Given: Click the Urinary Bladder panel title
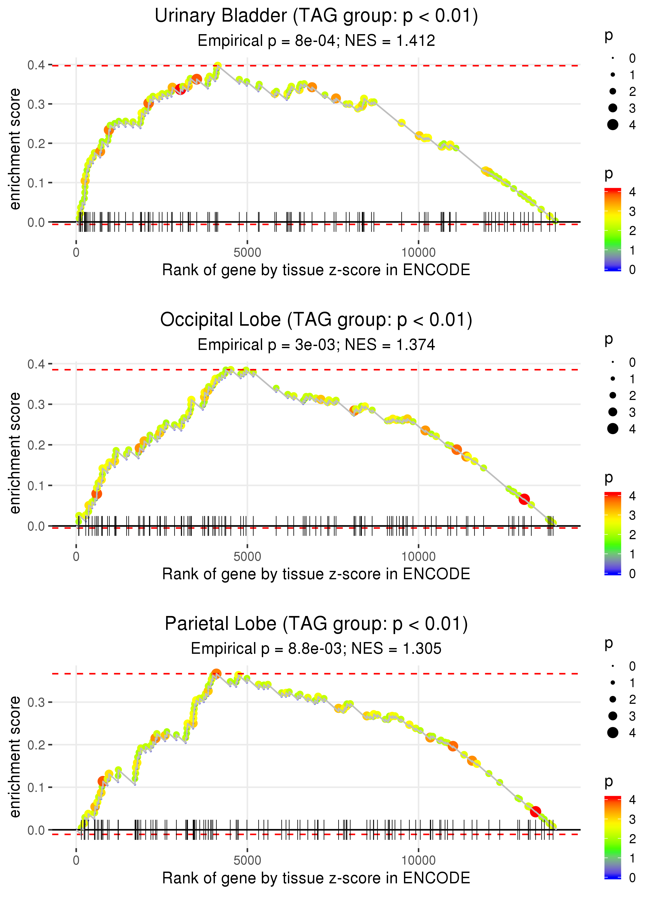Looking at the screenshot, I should point(316,16).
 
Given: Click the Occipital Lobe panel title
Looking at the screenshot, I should point(316,320).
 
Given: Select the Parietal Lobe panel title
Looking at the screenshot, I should point(316,624).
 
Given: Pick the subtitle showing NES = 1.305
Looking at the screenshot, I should point(316,649).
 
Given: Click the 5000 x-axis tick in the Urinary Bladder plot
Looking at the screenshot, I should point(247,253).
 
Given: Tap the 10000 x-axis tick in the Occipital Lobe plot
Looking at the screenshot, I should point(418,557).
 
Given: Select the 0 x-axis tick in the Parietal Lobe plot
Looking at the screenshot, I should point(76,860).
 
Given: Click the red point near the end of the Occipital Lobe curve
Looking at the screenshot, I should point(524,499).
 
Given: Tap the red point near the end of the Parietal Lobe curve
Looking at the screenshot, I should point(535,812).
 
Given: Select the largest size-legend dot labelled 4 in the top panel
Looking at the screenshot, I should point(613,125).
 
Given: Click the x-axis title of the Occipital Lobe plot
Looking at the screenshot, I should point(316,574).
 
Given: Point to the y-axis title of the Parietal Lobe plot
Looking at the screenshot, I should point(15,756).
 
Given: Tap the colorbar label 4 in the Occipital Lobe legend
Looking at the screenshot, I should point(632,496).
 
